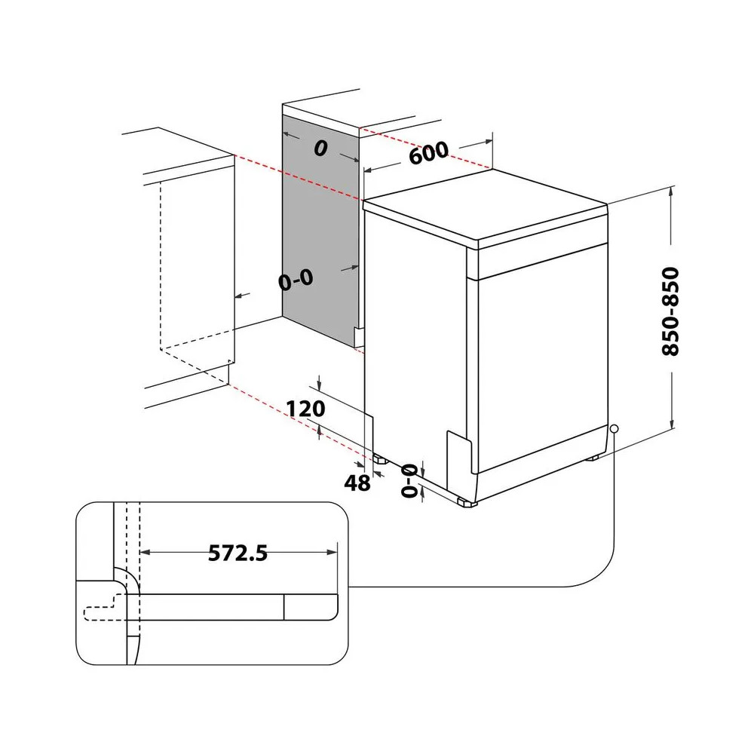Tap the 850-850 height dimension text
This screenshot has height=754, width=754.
click(x=669, y=311)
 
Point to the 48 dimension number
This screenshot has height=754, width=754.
click(x=358, y=483)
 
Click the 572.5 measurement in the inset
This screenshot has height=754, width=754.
click(x=238, y=553)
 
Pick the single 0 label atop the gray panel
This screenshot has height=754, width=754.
click(x=320, y=149)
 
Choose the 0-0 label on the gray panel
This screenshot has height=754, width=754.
click(x=295, y=280)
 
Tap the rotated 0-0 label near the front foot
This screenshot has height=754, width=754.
click(x=409, y=480)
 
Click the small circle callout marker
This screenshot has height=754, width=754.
click(x=615, y=428)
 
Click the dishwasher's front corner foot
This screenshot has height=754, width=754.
click(x=465, y=501)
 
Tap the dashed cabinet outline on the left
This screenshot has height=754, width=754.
click(x=161, y=271)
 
